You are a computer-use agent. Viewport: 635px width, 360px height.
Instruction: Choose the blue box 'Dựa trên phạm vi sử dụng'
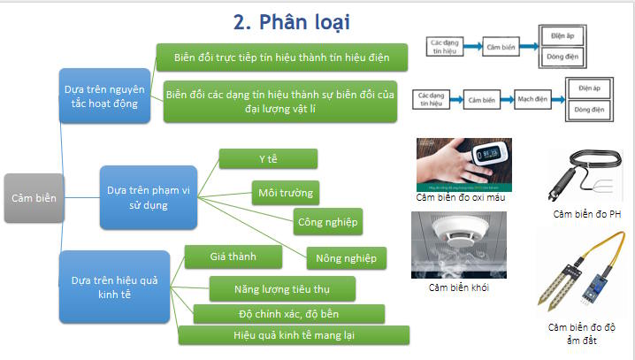(x=148, y=196)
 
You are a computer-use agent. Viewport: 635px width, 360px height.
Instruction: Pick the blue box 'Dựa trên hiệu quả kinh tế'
(x=114, y=287)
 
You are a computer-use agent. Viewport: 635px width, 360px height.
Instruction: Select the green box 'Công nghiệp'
(x=327, y=222)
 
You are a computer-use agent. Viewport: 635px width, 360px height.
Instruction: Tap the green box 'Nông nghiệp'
(x=346, y=258)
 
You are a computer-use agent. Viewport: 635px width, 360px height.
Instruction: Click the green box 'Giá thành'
(x=233, y=257)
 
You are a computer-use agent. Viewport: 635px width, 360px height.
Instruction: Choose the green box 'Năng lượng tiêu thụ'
(x=282, y=288)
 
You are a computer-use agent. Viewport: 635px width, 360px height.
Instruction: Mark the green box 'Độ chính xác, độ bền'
(x=288, y=314)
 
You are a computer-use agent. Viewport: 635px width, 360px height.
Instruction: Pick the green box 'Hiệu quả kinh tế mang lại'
(x=295, y=336)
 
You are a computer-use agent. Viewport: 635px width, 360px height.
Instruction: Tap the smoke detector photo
(x=458, y=243)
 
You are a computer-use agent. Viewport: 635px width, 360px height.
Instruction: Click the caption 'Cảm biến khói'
(x=459, y=287)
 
